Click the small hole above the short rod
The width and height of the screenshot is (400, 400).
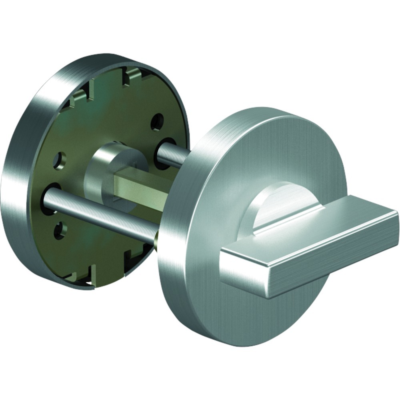(x=157, y=121)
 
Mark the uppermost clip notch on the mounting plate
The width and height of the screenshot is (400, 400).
(x=132, y=74)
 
